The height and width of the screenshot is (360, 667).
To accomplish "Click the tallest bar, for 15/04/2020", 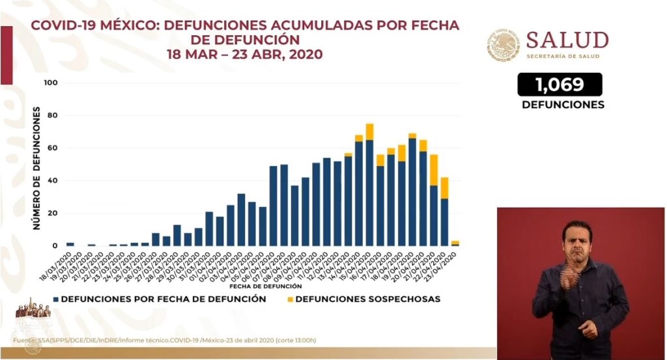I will coord(369,189).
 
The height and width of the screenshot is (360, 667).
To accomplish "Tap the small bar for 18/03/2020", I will coord(70,244).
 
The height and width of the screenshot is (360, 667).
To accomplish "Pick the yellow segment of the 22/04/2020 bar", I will coord(444,187).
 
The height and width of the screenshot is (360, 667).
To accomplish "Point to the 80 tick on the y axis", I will coord(51,116).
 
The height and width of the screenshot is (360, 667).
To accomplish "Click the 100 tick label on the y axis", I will coord(51,83).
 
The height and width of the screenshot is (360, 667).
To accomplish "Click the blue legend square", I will coord(57,299).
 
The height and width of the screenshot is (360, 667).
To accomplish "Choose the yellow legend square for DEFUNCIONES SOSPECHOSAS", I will coord(289,299).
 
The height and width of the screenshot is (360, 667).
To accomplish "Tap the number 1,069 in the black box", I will coord(560,84).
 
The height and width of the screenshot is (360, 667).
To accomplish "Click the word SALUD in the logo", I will coord(567,40).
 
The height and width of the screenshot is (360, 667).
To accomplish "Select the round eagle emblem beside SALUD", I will coord(504,44).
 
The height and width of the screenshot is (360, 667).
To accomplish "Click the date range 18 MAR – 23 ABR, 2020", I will coord(244,55).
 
